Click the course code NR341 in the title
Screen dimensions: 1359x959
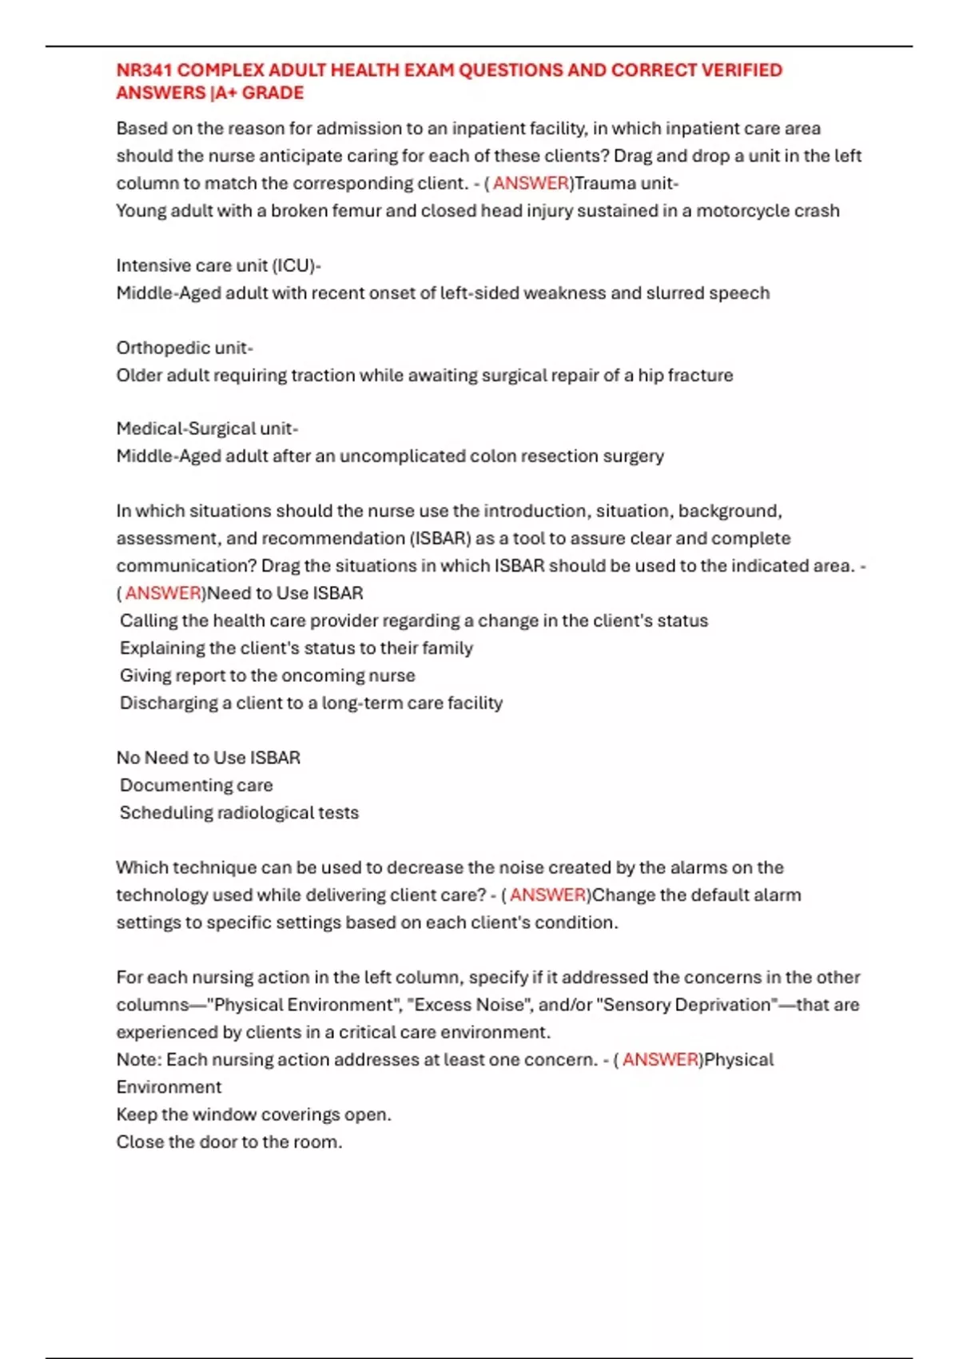[x=144, y=70]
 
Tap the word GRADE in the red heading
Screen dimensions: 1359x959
[x=273, y=93]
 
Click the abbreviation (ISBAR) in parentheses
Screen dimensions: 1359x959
[x=440, y=538]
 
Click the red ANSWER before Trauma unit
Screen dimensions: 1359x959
[x=531, y=183]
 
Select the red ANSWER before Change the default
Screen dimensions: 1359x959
[x=547, y=895]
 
